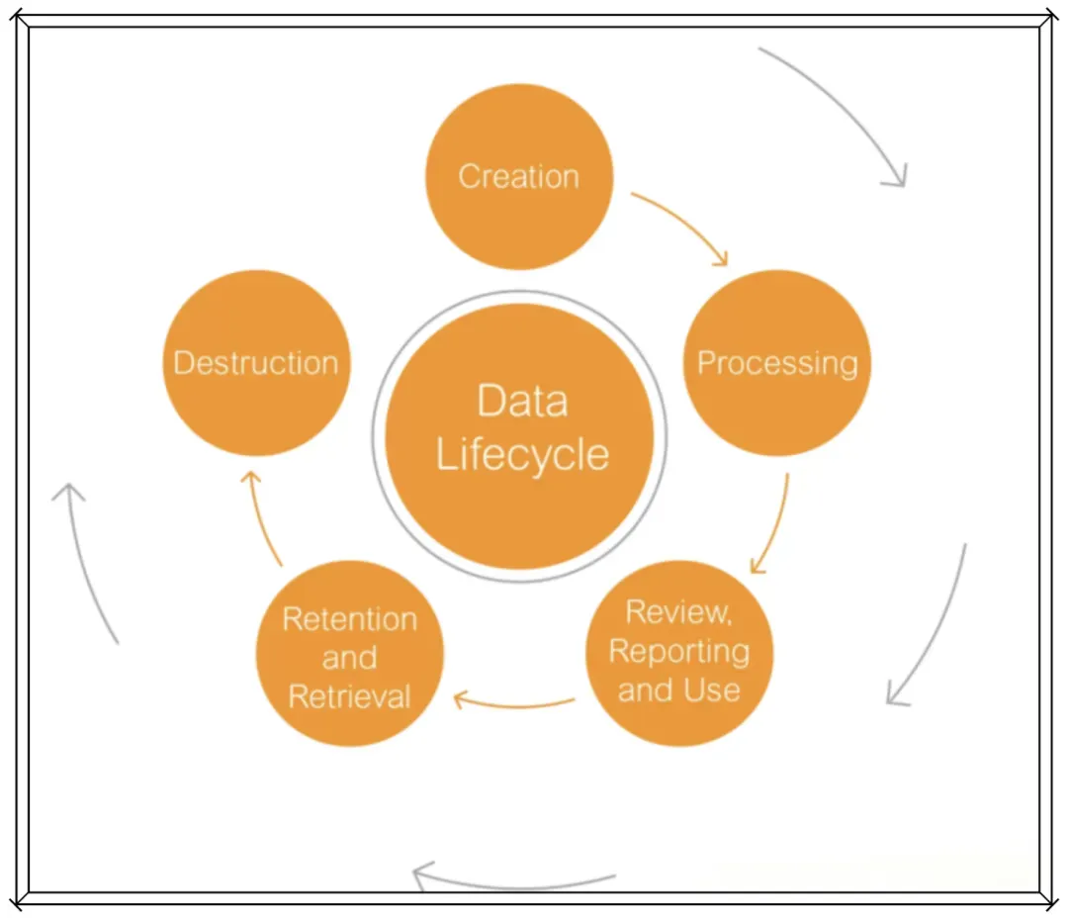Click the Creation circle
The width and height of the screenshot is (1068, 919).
[x=519, y=176]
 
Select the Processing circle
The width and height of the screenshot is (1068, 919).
[x=777, y=363]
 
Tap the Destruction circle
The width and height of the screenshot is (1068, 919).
[x=256, y=363]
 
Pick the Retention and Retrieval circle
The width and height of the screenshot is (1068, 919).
[x=349, y=654]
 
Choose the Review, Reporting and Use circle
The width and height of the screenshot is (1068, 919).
[x=678, y=652]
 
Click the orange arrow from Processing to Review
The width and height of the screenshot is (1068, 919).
[x=774, y=524]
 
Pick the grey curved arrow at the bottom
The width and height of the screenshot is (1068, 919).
[x=514, y=880]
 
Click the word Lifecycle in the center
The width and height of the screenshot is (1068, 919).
[x=522, y=456]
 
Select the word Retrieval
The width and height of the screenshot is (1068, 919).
[x=349, y=696]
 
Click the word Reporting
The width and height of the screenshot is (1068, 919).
[x=678, y=651]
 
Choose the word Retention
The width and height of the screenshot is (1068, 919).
[x=349, y=619]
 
